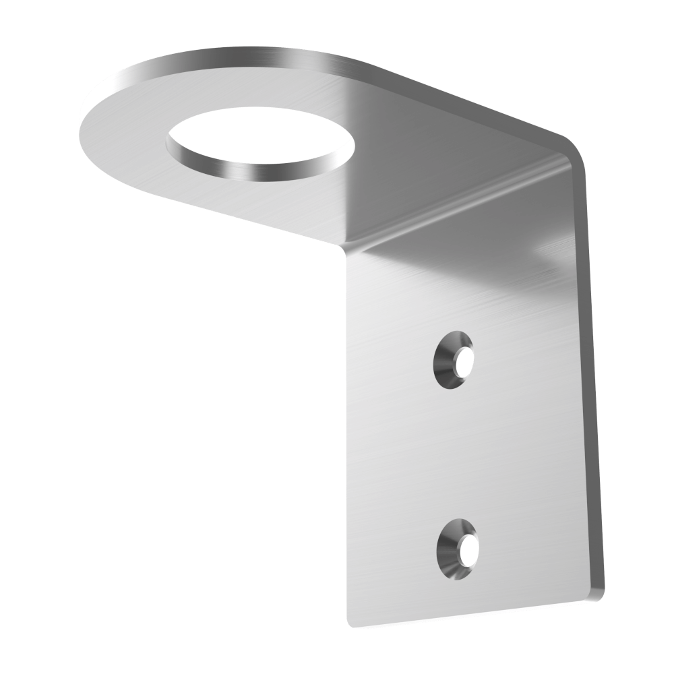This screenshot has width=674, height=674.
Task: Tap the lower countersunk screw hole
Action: click(458, 548)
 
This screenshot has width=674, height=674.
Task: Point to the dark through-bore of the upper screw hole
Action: click(464, 362)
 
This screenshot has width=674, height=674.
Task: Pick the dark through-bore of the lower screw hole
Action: click(468, 549)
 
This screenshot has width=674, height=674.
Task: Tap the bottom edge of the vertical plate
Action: click(472, 612)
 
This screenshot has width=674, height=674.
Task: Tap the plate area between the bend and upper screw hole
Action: click(458, 283)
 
